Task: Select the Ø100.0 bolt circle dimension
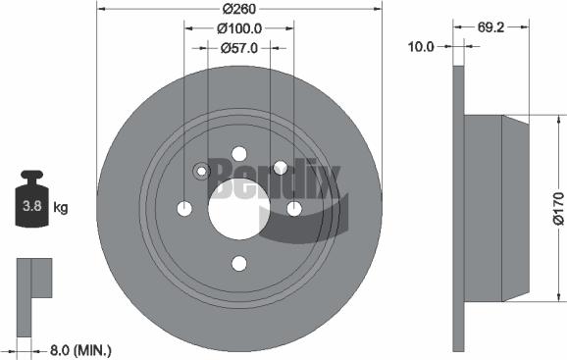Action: tap(237, 28)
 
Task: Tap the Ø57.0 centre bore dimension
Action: tap(237, 46)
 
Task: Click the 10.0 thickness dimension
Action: tap(422, 46)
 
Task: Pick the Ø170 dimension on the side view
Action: tap(557, 207)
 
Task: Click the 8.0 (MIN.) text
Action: tap(80, 348)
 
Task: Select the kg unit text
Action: tap(61, 207)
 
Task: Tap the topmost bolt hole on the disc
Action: tap(238, 153)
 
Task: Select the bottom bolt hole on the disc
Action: tap(238, 263)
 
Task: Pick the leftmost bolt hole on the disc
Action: tap(184, 208)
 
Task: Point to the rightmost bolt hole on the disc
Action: tap(293, 208)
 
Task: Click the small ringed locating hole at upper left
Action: tap(202, 172)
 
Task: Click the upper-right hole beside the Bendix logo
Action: tap(280, 168)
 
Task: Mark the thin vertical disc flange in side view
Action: tap(457, 207)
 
